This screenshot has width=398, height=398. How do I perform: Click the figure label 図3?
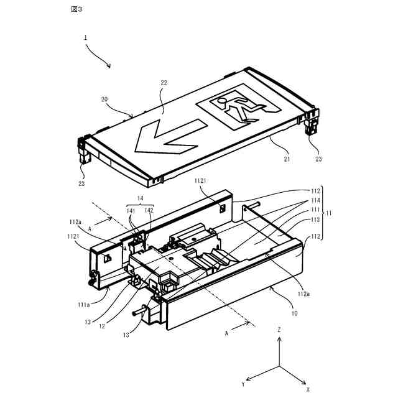point(76,9)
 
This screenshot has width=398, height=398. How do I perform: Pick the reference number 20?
point(104,99)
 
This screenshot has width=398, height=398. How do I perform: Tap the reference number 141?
point(131,210)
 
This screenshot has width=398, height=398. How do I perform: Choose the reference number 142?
point(149,210)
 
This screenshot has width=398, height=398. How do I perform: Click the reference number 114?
point(316,201)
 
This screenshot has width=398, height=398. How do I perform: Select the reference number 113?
point(316,220)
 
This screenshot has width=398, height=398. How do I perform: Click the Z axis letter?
point(280,329)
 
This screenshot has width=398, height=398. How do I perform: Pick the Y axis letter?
point(243,384)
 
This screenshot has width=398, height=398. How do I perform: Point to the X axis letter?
point(307,389)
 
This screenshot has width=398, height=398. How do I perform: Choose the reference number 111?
point(316,210)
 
